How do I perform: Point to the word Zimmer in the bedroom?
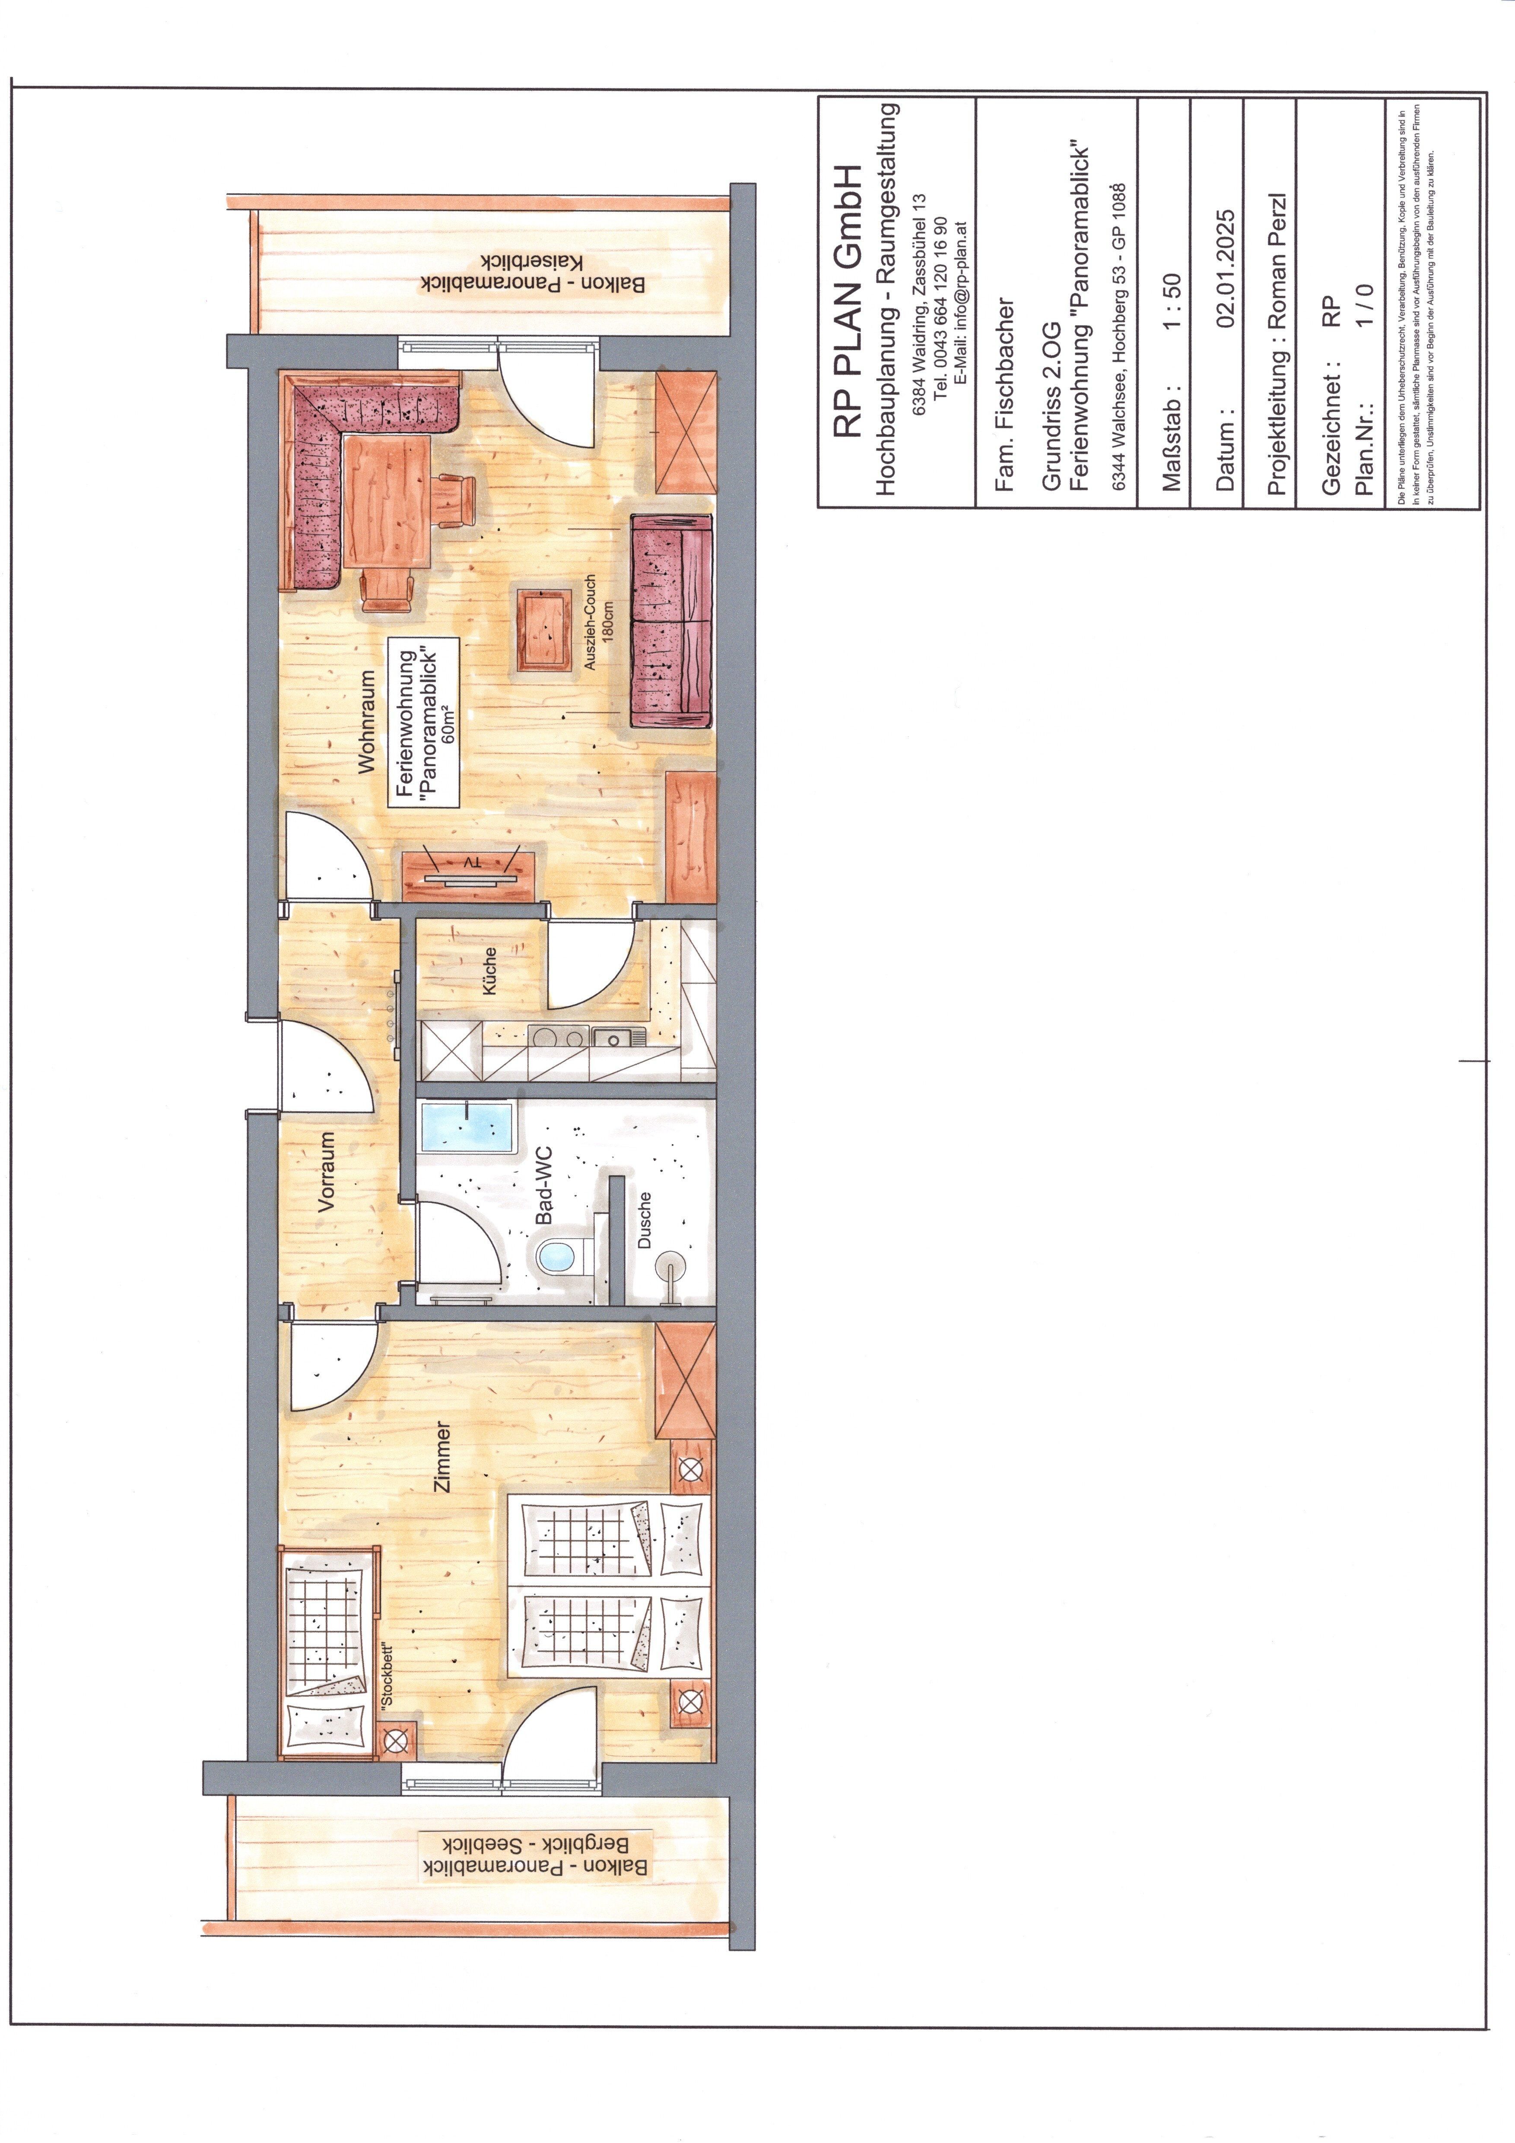(x=442, y=1457)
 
